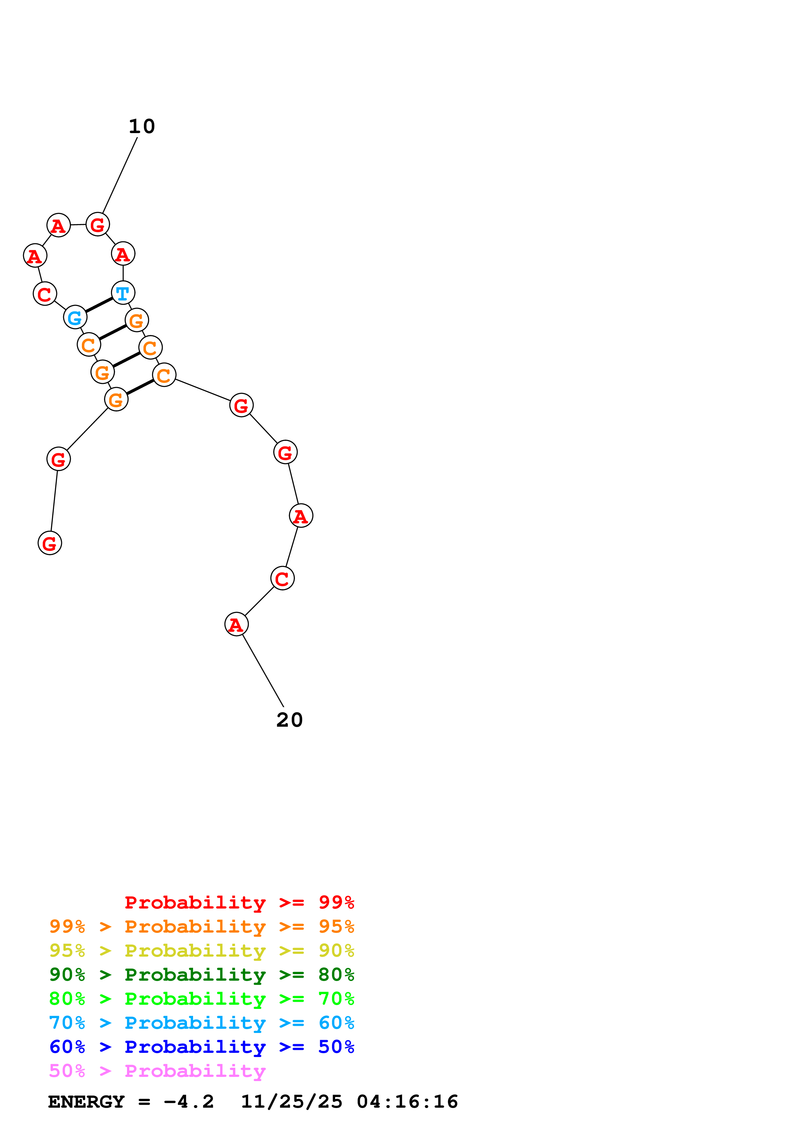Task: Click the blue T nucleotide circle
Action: [x=123, y=293]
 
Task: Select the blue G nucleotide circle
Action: [x=75, y=317]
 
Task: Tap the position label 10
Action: [x=141, y=126]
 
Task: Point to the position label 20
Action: [x=290, y=720]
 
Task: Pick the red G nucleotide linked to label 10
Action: [x=97, y=224]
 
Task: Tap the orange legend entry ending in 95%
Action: [x=201, y=926]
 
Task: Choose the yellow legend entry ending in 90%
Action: [x=201, y=951]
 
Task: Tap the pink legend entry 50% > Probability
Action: [x=157, y=1070]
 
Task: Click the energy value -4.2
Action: [x=189, y=1102]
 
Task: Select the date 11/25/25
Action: [x=292, y=1102]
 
